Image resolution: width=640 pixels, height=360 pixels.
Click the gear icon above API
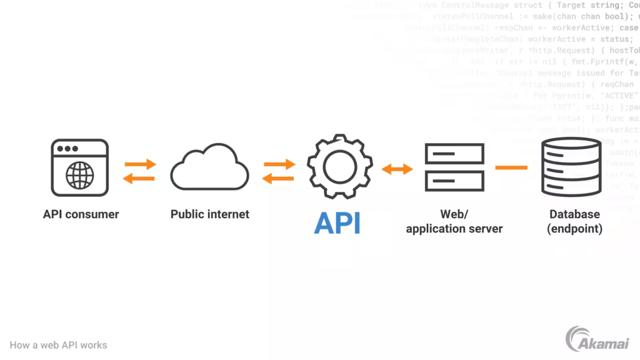pyautogui.click(x=339, y=166)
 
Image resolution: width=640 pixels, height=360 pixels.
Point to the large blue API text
pyautogui.click(x=337, y=223)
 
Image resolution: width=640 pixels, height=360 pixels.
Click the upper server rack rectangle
pyautogui.click(x=454, y=153)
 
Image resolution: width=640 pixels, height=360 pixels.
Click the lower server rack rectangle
pyautogui.click(x=454, y=181)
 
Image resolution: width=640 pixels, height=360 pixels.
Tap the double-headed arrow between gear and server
pyautogui.click(x=398, y=168)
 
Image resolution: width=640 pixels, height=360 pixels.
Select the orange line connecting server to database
pyautogui.click(x=511, y=167)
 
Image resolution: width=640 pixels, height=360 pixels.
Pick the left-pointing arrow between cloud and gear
pyautogui.click(x=278, y=178)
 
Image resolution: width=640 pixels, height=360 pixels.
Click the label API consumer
pyautogui.click(x=81, y=214)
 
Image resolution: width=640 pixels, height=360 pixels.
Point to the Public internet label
pyautogui.click(x=210, y=214)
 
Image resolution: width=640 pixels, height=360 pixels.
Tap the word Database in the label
pyautogui.click(x=574, y=214)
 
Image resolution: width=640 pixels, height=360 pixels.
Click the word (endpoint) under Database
pyautogui.click(x=574, y=229)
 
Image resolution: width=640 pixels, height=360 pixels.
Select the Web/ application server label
pyautogui.click(x=454, y=222)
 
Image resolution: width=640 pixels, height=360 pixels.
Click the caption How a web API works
pyautogui.click(x=58, y=345)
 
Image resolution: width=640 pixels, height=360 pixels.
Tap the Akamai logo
pyautogui.click(x=597, y=340)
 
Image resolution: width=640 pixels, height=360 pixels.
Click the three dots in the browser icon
pyautogui.click(x=67, y=149)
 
